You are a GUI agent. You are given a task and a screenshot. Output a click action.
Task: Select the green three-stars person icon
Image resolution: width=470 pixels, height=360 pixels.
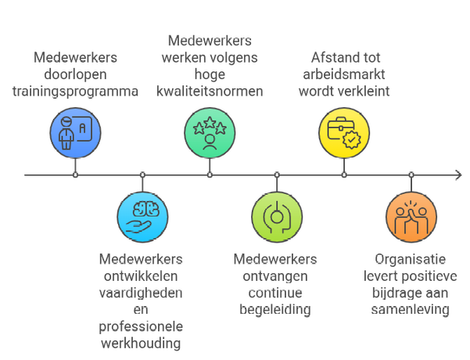tap(210, 131)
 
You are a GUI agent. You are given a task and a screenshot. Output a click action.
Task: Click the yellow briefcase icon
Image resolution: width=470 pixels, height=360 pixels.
tap(344, 131)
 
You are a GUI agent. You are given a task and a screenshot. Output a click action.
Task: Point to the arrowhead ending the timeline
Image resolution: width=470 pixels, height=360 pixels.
tap(457, 175)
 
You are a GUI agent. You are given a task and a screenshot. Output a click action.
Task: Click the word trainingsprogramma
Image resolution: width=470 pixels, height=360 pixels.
tap(75, 91)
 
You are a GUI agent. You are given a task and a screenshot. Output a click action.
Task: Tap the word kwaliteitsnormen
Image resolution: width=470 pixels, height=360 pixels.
tap(210, 91)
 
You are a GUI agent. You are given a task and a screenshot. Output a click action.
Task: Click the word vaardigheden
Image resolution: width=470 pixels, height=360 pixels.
tap(142, 293)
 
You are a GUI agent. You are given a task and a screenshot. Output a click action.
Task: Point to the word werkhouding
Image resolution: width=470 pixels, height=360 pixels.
tap(142, 344)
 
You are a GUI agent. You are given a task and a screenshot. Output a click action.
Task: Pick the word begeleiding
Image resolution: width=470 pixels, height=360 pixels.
tap(275, 310)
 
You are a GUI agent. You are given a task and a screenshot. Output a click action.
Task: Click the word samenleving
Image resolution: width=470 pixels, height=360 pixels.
tap(412, 310)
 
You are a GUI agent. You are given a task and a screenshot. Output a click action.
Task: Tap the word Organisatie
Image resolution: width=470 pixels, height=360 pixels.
tap(412, 259)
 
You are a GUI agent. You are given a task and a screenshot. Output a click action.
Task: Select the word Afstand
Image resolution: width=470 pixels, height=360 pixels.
tap(324, 56)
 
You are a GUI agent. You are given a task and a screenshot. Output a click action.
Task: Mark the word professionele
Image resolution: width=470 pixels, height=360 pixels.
tap(142, 327)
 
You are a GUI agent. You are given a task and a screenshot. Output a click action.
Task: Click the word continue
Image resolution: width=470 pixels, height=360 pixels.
tap(275, 293)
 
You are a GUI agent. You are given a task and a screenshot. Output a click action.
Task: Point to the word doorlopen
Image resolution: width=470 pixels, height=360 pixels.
tap(75, 74)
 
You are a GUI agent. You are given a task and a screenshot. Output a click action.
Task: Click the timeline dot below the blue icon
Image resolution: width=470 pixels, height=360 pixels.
tap(75, 175)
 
